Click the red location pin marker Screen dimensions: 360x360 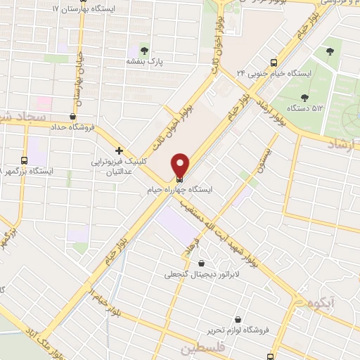click(180, 165)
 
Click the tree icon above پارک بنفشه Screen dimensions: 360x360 click(144, 51)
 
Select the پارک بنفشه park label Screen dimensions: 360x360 click(144, 62)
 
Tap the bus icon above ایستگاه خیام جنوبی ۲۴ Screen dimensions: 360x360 click(274, 60)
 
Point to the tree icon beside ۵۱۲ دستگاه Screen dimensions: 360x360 click(304, 98)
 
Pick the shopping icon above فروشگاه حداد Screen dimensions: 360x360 click(74, 117)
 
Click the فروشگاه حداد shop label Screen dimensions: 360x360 click(74, 128)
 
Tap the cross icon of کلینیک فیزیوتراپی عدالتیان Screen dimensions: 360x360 click(120, 150)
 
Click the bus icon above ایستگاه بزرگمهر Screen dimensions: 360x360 click(25, 160)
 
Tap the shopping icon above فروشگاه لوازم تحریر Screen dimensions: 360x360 click(238, 319)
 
